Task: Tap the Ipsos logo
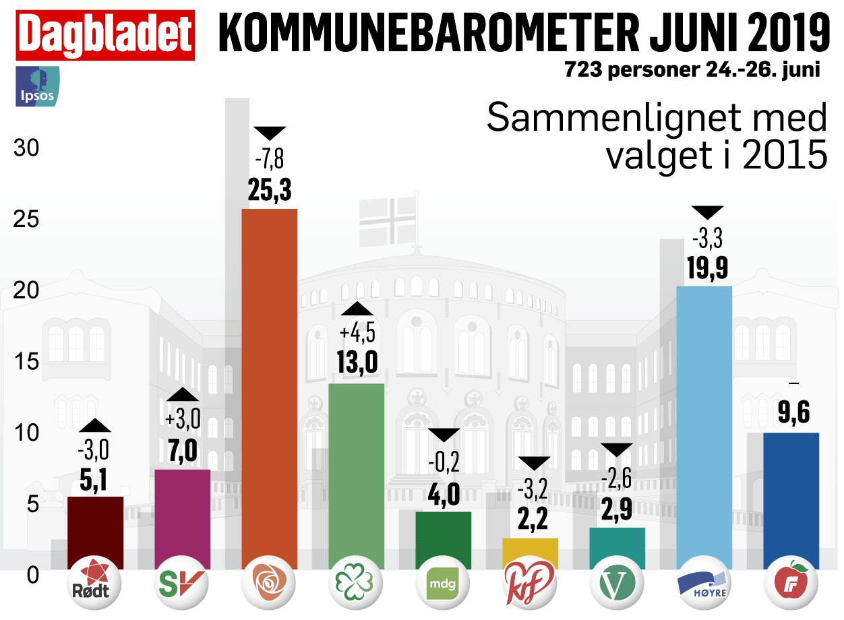(x=38, y=86)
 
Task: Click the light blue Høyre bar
(x=704, y=427)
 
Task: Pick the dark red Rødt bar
(x=96, y=532)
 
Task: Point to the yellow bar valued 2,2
(x=531, y=553)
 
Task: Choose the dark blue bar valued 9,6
(x=791, y=500)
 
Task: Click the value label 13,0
(x=357, y=362)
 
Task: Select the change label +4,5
(x=357, y=334)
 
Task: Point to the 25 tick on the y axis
(x=26, y=220)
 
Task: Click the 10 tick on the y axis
(x=26, y=433)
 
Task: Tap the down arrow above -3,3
(x=708, y=212)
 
